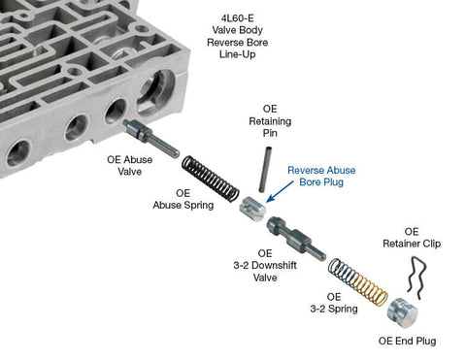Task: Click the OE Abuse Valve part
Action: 147,135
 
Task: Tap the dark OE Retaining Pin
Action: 263,171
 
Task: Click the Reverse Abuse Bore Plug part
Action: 254,206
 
